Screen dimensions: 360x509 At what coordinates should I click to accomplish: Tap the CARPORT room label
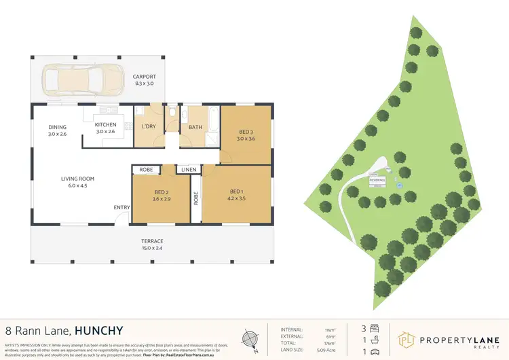coord(144,77)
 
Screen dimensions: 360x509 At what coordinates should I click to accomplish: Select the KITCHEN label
coord(105,125)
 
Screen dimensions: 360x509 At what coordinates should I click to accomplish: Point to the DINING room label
coord(57,127)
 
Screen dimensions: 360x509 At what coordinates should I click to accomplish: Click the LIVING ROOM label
coord(77,179)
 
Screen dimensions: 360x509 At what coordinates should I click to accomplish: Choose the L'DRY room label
coord(149,127)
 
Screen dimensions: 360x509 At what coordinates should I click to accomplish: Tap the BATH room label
coord(195,127)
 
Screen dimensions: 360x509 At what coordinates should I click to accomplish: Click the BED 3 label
coord(246,132)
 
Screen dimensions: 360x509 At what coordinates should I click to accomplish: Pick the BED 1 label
coord(236,191)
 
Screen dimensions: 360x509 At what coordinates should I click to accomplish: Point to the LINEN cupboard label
coord(187,169)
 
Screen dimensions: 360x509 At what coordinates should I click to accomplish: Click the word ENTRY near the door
coord(122,208)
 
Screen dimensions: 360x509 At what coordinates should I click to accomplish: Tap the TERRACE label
coord(152,241)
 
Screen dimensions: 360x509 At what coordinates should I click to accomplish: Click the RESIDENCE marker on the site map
coord(377,180)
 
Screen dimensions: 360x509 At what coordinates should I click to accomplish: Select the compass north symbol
coord(250,338)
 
